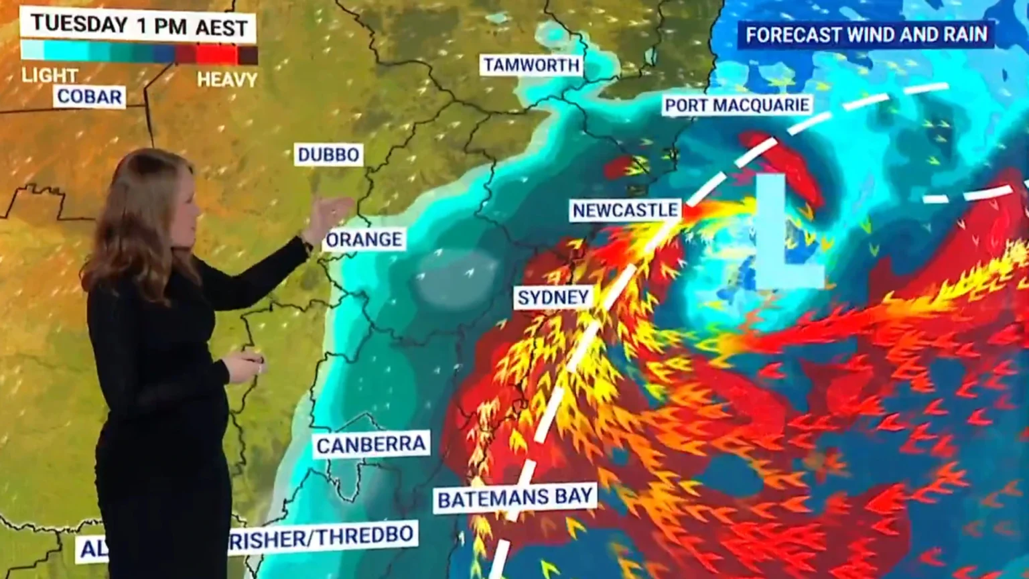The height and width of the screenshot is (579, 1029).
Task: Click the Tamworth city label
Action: (531, 65)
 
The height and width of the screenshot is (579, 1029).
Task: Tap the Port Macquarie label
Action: (737, 105)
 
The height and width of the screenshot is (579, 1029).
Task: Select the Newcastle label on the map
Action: (625, 210)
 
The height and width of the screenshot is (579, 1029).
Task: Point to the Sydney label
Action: (553, 298)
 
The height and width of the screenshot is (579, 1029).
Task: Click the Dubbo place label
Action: (328, 155)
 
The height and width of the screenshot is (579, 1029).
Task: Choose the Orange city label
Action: (364, 240)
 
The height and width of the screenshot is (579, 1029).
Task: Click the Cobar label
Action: (90, 97)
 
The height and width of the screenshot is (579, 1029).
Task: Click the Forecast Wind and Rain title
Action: (866, 35)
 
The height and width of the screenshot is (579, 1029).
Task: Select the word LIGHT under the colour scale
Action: (49, 75)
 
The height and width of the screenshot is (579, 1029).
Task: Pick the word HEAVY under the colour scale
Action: (227, 80)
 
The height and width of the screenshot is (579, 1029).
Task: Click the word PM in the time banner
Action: (171, 27)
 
